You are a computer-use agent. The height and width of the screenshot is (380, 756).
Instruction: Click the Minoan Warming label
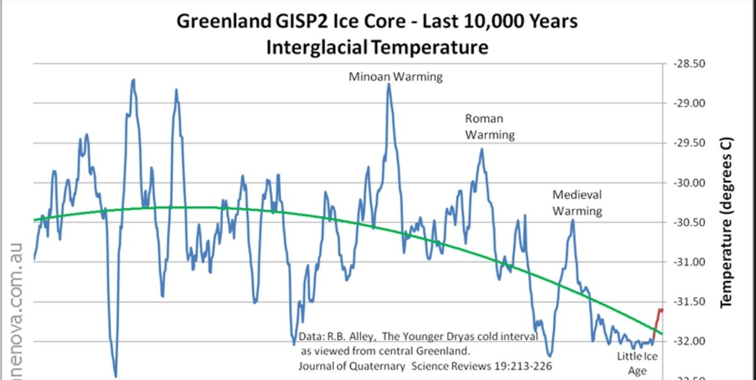tap(396, 77)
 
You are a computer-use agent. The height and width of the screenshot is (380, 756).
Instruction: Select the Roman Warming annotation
tap(490, 126)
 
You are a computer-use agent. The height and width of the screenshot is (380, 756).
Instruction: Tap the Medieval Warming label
tap(577, 202)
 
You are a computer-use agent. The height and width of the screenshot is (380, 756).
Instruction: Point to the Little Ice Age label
tap(637, 364)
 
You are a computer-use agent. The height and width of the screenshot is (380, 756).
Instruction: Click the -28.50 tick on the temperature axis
tap(689, 64)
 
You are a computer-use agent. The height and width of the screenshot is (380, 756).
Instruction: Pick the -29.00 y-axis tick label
tap(689, 103)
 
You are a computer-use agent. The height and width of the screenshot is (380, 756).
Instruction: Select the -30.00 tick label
tap(689, 183)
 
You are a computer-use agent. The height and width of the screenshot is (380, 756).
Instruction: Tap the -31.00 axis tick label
tap(689, 262)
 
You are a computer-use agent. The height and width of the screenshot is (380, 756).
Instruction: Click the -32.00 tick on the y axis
tap(689, 342)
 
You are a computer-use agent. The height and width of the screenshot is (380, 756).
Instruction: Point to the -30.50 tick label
tap(689, 222)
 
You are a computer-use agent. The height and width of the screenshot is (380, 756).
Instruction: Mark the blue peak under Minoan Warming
tap(389, 84)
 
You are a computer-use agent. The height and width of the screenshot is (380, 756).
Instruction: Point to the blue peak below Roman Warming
tap(482, 149)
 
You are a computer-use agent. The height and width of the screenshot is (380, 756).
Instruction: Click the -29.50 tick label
tap(689, 143)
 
